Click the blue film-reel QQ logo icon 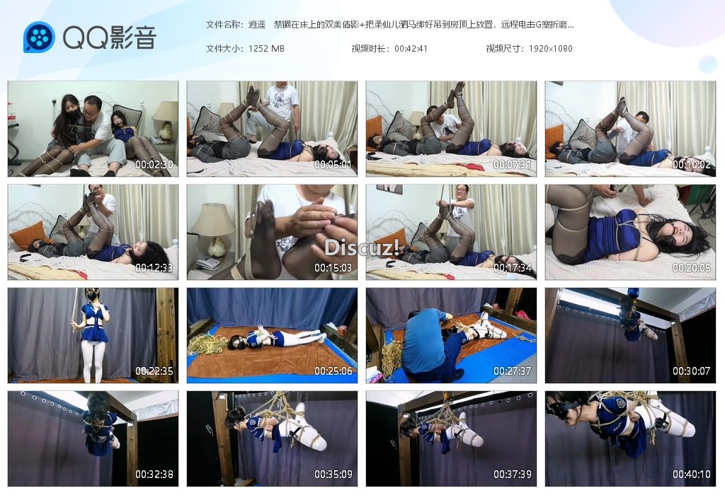[39, 37]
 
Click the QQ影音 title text [109, 37]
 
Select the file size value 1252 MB [266, 49]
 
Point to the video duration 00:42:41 [411, 49]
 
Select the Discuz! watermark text [362, 248]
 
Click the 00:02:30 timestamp [154, 164]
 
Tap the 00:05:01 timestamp [333, 164]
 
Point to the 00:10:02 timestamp [691, 164]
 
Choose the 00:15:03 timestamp [333, 268]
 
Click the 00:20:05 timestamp [691, 268]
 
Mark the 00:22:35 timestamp [154, 371]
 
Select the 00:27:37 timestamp [513, 371]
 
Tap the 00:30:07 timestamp [691, 371]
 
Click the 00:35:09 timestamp [333, 474]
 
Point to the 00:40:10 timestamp [691, 474]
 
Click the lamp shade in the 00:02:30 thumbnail [165, 111]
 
